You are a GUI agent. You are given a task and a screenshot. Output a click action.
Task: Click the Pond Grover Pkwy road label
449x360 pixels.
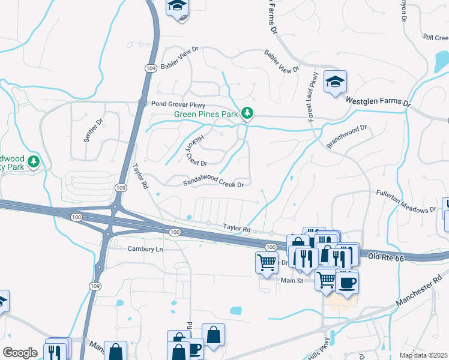(x=179, y=104)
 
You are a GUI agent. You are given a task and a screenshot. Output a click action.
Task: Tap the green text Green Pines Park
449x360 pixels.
(x=206, y=114)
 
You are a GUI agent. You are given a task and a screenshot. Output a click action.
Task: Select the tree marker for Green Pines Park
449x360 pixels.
(x=247, y=113)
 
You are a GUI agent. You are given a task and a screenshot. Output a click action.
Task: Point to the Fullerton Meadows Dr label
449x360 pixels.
(x=406, y=201)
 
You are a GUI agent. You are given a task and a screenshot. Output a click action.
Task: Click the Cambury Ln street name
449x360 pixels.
(x=145, y=249)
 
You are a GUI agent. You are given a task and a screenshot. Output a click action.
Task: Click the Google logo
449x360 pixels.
(x=20, y=352)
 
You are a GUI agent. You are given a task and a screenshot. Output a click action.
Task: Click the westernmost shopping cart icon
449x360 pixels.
(x=266, y=261)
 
